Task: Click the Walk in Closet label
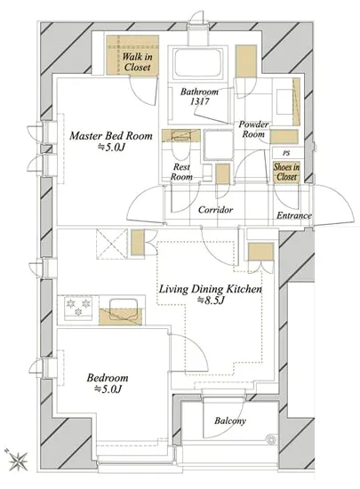tap(137, 61)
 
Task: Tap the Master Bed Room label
tap(111, 136)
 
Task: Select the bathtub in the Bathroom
tap(199, 62)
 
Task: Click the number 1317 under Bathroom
tap(199, 101)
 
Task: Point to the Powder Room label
tap(253, 130)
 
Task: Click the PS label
tap(286, 154)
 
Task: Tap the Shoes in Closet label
tap(286, 172)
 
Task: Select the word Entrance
tap(294, 215)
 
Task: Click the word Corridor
tap(215, 210)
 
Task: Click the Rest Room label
tap(181, 172)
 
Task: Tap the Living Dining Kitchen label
tap(211, 289)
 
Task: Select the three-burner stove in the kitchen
tap(78, 308)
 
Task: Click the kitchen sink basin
tap(123, 307)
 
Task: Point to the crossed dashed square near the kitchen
tap(112, 244)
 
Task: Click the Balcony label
tap(230, 421)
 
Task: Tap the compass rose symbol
tap(18, 460)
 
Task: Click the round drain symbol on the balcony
tap(271, 439)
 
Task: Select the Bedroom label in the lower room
tap(108, 378)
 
